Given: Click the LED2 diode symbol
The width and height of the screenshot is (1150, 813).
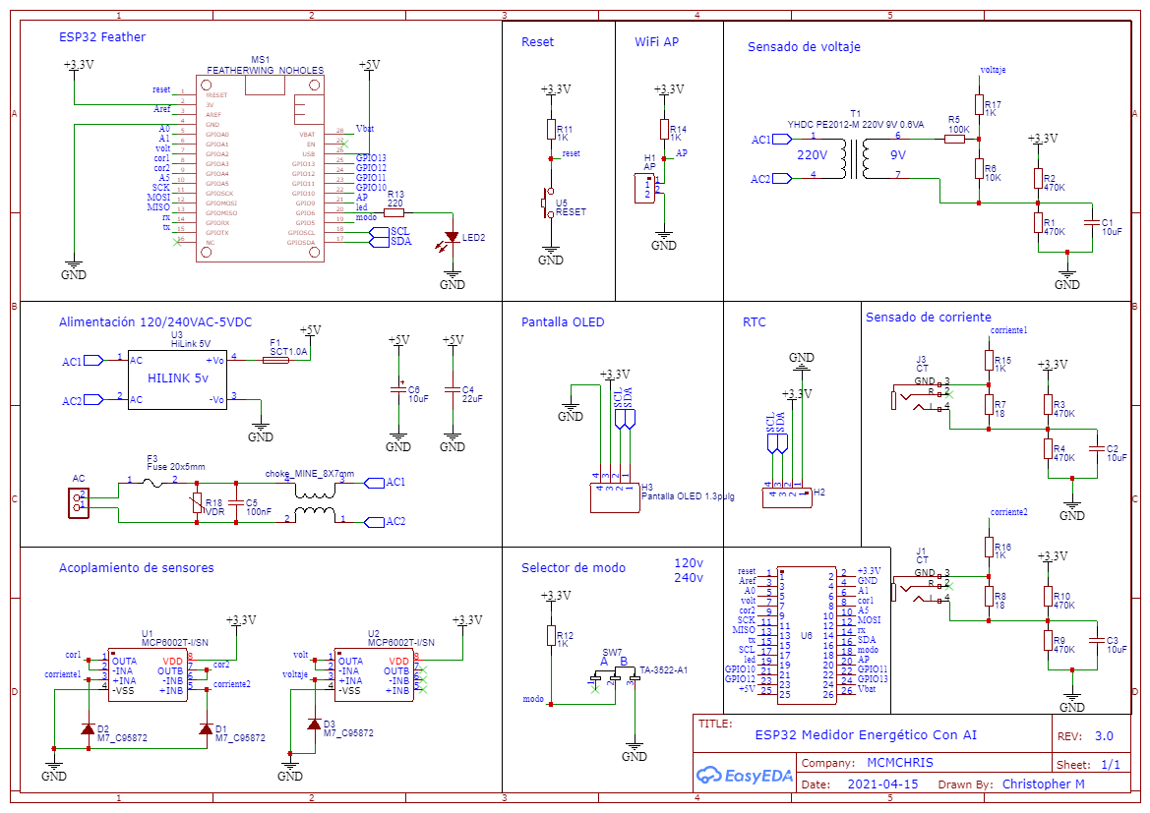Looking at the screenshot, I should pos(452,237).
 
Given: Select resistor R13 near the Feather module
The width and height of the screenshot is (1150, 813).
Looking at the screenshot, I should pos(393,212).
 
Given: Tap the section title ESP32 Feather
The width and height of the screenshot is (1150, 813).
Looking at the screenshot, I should pos(102,37).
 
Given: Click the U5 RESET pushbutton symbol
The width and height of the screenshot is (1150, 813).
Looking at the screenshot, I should pos(547,203).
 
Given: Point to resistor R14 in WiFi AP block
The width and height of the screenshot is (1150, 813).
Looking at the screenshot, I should pos(663,131).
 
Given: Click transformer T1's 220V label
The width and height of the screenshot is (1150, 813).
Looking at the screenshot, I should pos(812,155).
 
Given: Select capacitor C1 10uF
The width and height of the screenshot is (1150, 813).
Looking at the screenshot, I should pos(1089,223).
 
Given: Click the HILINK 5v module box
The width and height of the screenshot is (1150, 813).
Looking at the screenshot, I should pos(177,378).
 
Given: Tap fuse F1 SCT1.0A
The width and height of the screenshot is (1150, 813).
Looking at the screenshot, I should pos(276,360).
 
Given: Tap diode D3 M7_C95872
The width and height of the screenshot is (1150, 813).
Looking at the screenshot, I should pos(314,725).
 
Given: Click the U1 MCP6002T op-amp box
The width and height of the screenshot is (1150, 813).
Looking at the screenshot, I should pos(147,675).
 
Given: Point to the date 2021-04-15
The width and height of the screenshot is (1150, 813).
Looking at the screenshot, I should pos(882,784).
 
